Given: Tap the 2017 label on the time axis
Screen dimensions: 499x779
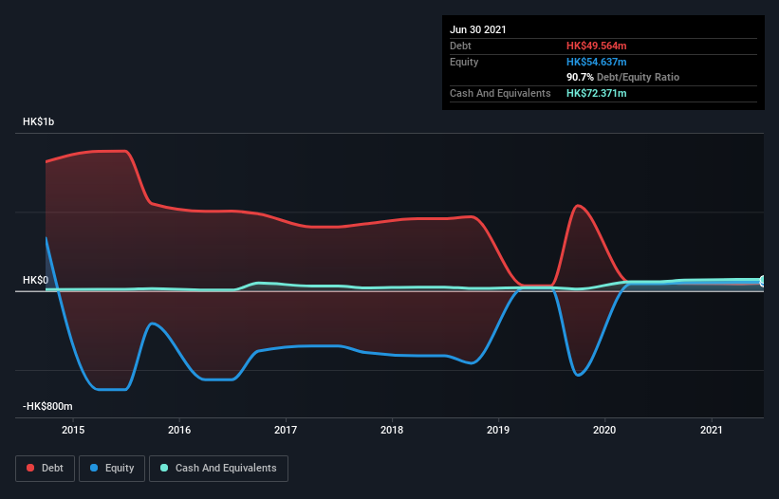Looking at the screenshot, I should point(285,430).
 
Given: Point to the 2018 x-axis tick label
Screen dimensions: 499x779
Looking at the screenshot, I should point(391,430).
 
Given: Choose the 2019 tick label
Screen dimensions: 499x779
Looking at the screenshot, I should point(497,430).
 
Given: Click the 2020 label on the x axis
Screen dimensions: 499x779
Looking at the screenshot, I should point(603,430).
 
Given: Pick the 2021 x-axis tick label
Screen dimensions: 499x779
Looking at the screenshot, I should point(710,430).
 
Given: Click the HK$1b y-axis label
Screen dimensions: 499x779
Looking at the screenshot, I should point(40,122).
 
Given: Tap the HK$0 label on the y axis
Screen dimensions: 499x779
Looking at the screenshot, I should point(35,280).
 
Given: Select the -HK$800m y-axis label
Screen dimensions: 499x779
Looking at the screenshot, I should point(47,406).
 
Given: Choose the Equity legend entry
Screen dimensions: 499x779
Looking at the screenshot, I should point(112,468).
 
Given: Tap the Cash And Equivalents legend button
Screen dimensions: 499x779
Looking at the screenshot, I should point(218,468).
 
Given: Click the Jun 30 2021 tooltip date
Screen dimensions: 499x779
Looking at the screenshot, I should point(478,29).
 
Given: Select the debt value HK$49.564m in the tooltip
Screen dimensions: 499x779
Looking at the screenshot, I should point(597,46).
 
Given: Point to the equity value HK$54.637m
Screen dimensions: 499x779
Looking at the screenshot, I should point(597,62).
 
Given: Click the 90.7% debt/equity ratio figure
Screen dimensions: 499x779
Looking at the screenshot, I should point(580,77).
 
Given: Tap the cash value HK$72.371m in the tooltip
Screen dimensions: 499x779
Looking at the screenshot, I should point(597,93).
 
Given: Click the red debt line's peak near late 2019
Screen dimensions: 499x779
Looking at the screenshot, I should point(577,205).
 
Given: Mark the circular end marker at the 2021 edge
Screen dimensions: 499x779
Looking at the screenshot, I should point(763,281).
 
